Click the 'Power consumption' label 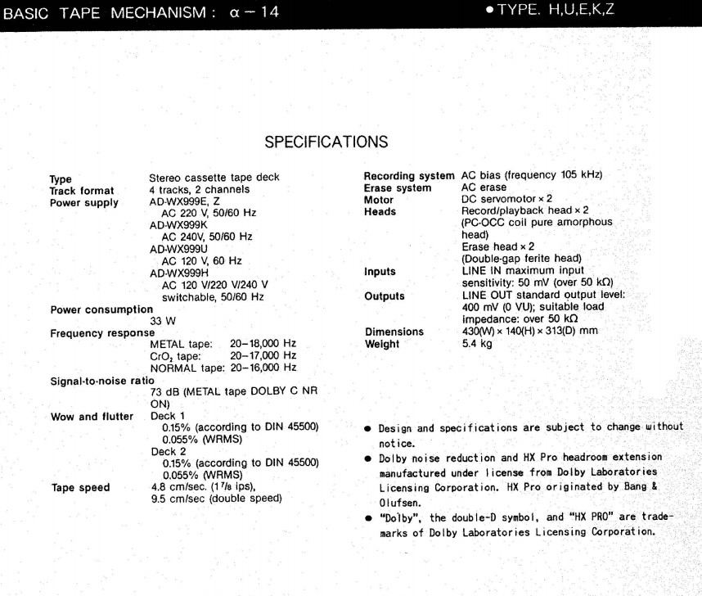pyautogui.click(x=102, y=309)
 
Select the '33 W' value pyautogui.click(x=161, y=321)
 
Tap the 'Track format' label pyautogui.click(x=82, y=190)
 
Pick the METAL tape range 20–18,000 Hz pyautogui.click(x=263, y=344)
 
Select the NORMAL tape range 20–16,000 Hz pyautogui.click(x=263, y=368)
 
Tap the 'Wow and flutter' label pyautogui.click(x=92, y=416)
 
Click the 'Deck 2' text pyautogui.click(x=169, y=451)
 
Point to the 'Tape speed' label pyautogui.click(x=80, y=487)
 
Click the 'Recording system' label pyautogui.click(x=409, y=177)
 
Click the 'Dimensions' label pyautogui.click(x=394, y=332)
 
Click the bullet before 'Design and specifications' pyautogui.click(x=368, y=427)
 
